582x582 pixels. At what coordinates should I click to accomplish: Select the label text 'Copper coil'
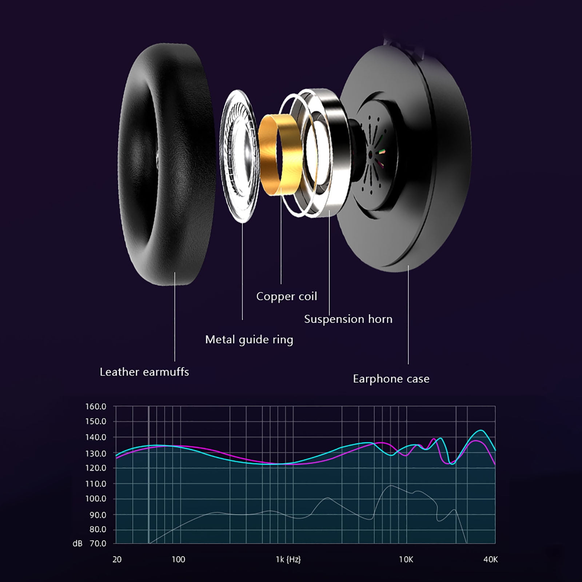point(287,296)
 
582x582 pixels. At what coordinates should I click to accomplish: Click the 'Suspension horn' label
point(348,319)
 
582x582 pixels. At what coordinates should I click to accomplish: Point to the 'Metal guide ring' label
point(249,340)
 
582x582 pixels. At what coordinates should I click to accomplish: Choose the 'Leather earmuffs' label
point(144,372)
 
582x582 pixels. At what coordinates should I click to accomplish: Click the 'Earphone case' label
point(391,379)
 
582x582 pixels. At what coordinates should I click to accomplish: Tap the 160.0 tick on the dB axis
point(96,406)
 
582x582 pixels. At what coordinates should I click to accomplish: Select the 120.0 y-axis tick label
point(96,468)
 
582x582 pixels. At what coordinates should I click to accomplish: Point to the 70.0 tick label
point(98,543)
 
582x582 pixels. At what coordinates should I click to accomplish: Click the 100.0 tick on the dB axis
point(96,499)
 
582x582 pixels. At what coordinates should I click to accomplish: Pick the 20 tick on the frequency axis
point(117,559)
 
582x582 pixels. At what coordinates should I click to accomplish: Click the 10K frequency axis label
point(406,559)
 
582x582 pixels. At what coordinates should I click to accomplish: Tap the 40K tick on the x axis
point(490,559)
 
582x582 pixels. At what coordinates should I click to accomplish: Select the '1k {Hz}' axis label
point(288,559)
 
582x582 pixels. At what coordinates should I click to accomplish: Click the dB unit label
point(77,543)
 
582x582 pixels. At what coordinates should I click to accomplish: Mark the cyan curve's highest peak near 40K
point(481,430)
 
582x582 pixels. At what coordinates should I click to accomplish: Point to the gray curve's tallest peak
point(391,486)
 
